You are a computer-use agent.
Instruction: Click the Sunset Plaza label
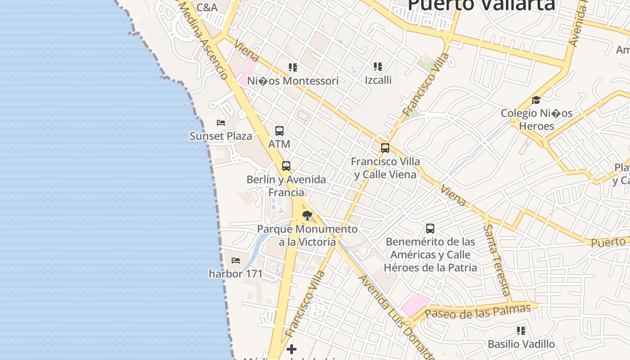click(220, 136)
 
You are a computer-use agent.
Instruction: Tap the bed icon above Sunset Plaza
click(221, 122)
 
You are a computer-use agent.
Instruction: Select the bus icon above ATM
click(279, 131)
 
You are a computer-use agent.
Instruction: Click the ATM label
click(279, 144)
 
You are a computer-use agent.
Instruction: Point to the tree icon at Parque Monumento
click(307, 216)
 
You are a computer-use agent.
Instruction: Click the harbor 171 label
click(235, 273)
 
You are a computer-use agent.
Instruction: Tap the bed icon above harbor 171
click(235, 260)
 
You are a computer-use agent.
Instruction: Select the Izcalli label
click(378, 80)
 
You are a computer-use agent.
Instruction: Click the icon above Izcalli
click(378, 67)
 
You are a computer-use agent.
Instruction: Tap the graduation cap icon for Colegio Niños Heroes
click(536, 100)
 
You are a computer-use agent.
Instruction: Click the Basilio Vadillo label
click(521, 344)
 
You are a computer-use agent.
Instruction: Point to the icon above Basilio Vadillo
click(521, 331)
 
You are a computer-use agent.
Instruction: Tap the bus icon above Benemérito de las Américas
click(430, 229)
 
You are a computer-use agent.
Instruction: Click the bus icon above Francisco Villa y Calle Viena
click(385, 148)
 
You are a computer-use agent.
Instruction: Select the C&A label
click(207, 7)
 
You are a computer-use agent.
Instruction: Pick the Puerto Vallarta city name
click(481, 4)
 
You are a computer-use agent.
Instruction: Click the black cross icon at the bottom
click(292, 349)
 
